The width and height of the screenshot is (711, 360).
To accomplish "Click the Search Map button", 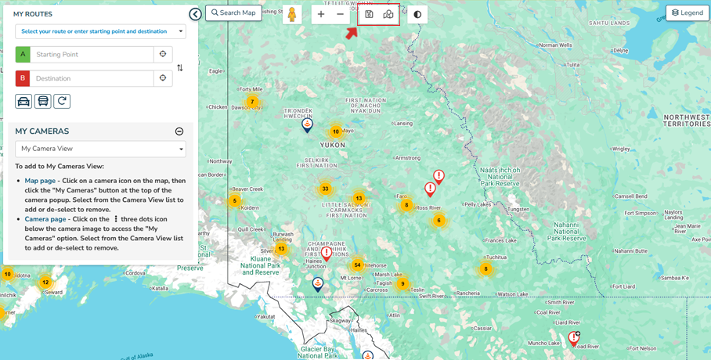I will pos(233,13).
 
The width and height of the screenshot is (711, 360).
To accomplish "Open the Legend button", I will pos(688,13).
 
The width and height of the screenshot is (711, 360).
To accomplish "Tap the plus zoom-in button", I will pos(321,14).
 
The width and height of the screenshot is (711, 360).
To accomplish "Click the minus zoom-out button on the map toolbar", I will pos(340,14).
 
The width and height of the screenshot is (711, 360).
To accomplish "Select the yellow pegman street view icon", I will pos(292,15).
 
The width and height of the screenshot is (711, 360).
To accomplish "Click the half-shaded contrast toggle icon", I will pos(417,14).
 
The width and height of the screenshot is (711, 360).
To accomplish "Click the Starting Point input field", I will pos(92,55).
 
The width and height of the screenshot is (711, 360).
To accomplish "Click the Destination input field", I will pos(92,78).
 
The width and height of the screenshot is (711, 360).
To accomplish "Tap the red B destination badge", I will pos(23,78).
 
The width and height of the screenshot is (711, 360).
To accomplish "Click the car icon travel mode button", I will pos(23,102).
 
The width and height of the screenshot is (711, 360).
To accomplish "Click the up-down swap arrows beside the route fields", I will pos(180,67).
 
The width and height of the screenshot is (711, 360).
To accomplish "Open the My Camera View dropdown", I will pos(100,149).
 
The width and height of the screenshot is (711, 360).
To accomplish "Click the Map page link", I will pos(40,181).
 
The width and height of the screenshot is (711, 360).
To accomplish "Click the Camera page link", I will pos(45,219).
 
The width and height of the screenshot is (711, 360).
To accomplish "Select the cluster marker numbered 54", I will pos(357,265).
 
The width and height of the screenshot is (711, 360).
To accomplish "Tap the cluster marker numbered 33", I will pos(325,189).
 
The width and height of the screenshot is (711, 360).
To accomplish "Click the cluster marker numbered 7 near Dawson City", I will pos(252,102).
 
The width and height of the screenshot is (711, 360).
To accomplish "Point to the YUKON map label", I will pos(333,145).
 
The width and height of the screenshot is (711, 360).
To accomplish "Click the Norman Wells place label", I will pos(555,45).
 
